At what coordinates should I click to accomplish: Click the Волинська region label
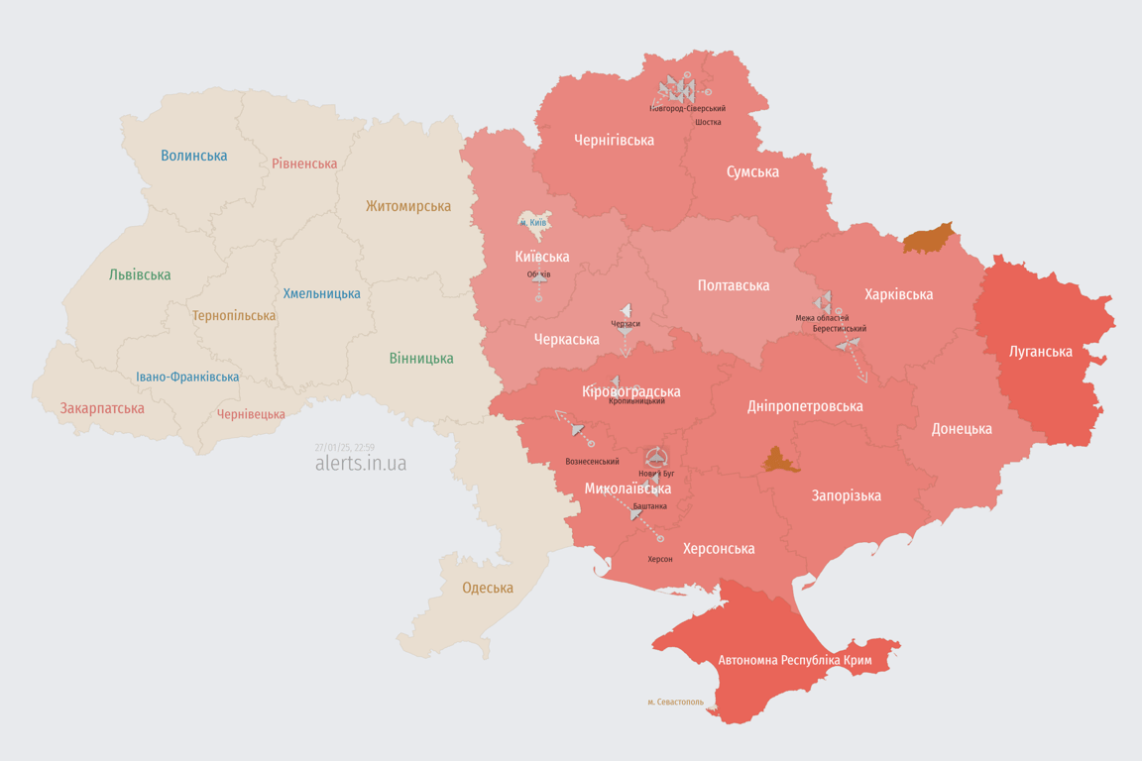193,156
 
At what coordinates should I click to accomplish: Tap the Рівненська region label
304,163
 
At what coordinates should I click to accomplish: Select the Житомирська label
407,206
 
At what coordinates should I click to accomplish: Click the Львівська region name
140,274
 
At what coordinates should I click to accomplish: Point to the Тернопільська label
234,316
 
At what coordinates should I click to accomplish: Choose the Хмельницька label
321,293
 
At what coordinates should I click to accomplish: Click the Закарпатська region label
102,408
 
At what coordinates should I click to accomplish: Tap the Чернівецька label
251,414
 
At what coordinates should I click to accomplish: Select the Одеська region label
488,588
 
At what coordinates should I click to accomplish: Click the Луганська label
1041,351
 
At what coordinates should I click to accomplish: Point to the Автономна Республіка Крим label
794,660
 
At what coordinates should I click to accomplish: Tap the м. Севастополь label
675,702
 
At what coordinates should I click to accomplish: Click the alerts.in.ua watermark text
361,464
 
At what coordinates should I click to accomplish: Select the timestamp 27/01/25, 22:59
344,448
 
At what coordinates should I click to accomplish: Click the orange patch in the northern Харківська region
929,239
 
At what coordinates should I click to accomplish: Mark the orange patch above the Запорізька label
779,461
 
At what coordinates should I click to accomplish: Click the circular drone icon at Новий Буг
656,458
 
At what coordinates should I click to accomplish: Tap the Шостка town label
708,122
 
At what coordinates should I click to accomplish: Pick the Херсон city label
660,559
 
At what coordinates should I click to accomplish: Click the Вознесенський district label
592,462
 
